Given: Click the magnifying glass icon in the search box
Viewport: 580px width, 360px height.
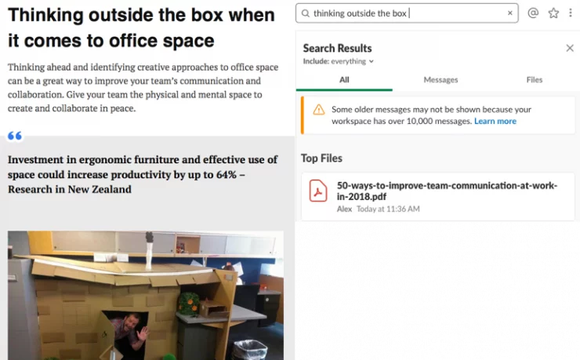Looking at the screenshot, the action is [x=305, y=13].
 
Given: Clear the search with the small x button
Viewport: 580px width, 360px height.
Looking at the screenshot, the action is [x=510, y=13].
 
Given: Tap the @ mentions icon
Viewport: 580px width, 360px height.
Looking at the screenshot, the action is [x=533, y=13].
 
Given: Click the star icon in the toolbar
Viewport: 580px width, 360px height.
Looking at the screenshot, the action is [x=553, y=13].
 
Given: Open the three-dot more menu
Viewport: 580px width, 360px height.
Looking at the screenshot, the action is [x=571, y=13].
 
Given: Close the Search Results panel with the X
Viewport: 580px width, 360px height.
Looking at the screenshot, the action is [x=570, y=48].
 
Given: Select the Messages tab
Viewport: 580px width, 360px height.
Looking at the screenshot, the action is [x=440, y=79].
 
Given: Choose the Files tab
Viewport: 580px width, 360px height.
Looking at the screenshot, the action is [x=534, y=79].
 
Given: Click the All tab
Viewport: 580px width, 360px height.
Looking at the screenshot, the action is [x=344, y=79].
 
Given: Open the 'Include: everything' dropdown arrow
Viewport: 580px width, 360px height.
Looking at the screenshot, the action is [x=371, y=61].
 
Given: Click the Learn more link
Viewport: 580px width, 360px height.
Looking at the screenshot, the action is [x=495, y=121].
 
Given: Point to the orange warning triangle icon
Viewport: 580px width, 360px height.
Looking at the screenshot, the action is [x=318, y=110].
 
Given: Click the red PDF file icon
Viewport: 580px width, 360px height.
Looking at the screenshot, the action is [x=318, y=191].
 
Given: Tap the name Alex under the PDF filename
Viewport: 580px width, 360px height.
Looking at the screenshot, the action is [x=344, y=209].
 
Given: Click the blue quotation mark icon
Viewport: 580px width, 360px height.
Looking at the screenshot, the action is [x=15, y=136].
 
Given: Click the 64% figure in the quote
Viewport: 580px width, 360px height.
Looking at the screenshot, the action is [x=227, y=175].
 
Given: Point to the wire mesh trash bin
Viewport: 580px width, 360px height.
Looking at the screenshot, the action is [x=250, y=350].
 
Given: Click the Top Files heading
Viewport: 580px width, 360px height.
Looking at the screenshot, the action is [x=321, y=158].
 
